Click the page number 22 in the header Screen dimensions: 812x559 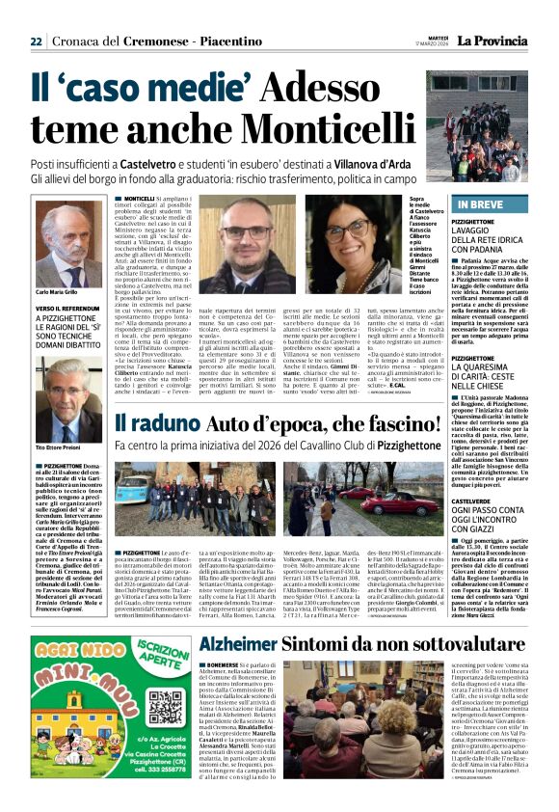click(x=36, y=41)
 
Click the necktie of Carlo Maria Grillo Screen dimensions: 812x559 click(x=56, y=270)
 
